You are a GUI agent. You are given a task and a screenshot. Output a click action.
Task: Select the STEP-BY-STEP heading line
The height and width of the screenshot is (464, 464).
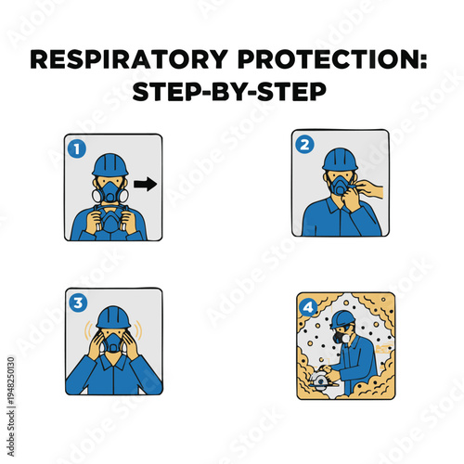click(232, 96)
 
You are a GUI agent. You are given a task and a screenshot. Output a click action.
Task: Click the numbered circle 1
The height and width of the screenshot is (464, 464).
click(77, 148)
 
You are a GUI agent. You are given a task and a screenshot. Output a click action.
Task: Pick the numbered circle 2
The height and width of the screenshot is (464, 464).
click(303, 146)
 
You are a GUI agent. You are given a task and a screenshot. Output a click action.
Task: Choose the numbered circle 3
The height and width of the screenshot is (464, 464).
click(77, 302)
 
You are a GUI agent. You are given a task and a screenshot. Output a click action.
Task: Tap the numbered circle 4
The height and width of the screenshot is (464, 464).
click(307, 304)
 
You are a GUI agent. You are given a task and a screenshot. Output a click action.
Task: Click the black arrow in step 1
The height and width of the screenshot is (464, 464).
click(145, 185)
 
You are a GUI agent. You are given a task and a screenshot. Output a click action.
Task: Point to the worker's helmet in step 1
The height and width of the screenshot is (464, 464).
click(110, 162)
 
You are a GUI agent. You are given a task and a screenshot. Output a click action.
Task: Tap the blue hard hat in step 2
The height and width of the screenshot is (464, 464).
click(339, 157)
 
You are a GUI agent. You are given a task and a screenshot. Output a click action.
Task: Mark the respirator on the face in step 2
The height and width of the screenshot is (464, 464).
click(342, 188)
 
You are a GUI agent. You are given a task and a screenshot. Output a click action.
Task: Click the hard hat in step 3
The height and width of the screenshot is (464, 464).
click(113, 316)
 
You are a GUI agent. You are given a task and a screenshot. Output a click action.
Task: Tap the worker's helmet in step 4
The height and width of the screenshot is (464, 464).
click(342, 319)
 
